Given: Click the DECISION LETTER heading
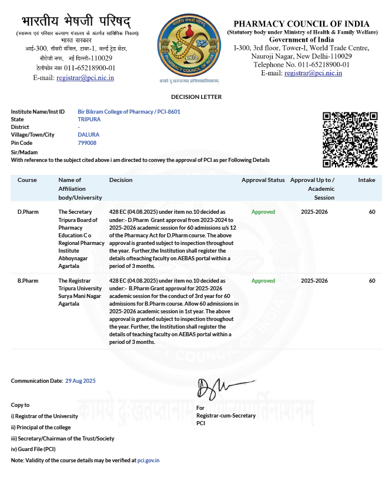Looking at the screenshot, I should (196, 97).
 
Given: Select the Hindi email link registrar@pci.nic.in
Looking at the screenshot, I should (85, 77).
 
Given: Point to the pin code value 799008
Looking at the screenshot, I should (87, 143).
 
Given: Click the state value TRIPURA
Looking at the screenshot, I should (89, 119).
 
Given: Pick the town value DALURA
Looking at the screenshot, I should (88, 135).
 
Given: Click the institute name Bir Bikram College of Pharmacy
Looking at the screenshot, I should (115, 111).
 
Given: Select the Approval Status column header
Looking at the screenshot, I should (263, 180).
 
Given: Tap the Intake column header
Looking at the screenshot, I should (367, 180).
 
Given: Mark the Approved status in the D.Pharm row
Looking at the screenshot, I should (263, 211).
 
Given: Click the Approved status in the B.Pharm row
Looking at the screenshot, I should (263, 281).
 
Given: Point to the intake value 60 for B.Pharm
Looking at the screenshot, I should (372, 281).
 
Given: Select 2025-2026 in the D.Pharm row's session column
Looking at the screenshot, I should (314, 211).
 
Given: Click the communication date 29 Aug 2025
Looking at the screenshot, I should (80, 381).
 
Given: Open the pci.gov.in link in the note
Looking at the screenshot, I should (148, 461).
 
